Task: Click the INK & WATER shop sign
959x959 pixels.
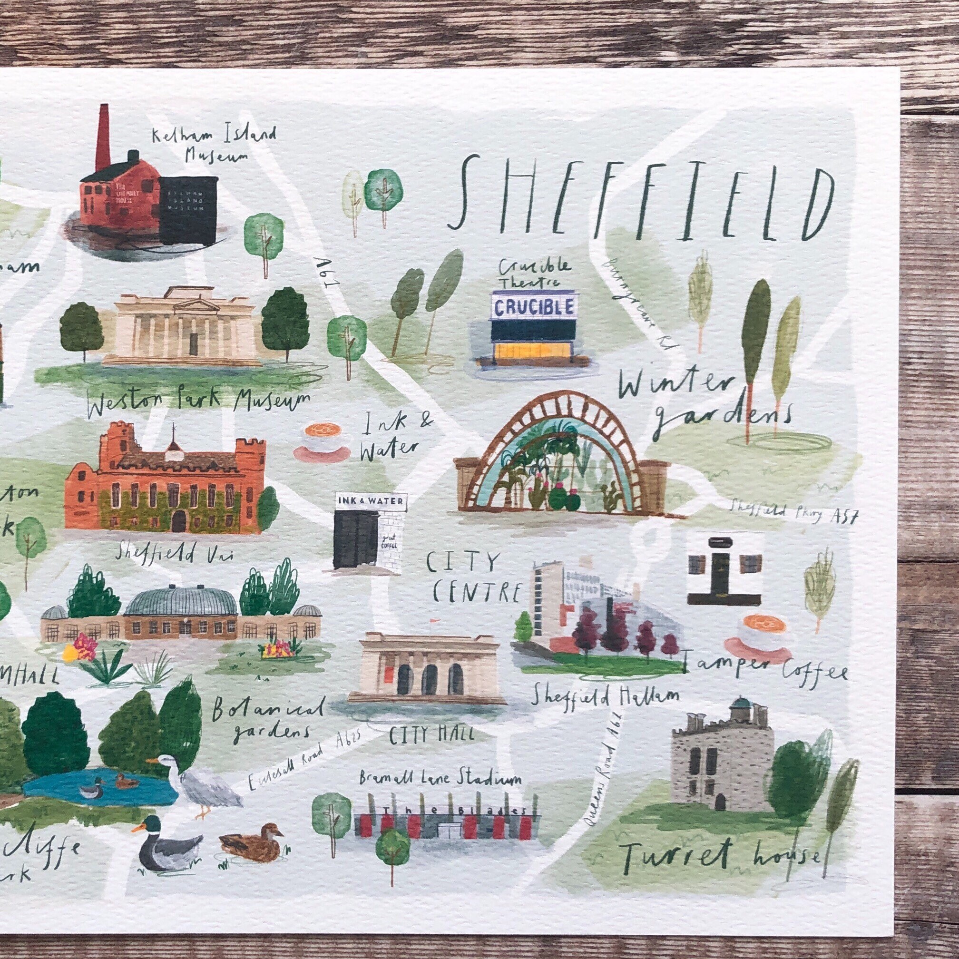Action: [371, 501]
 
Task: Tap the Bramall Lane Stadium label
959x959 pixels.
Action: [441, 779]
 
